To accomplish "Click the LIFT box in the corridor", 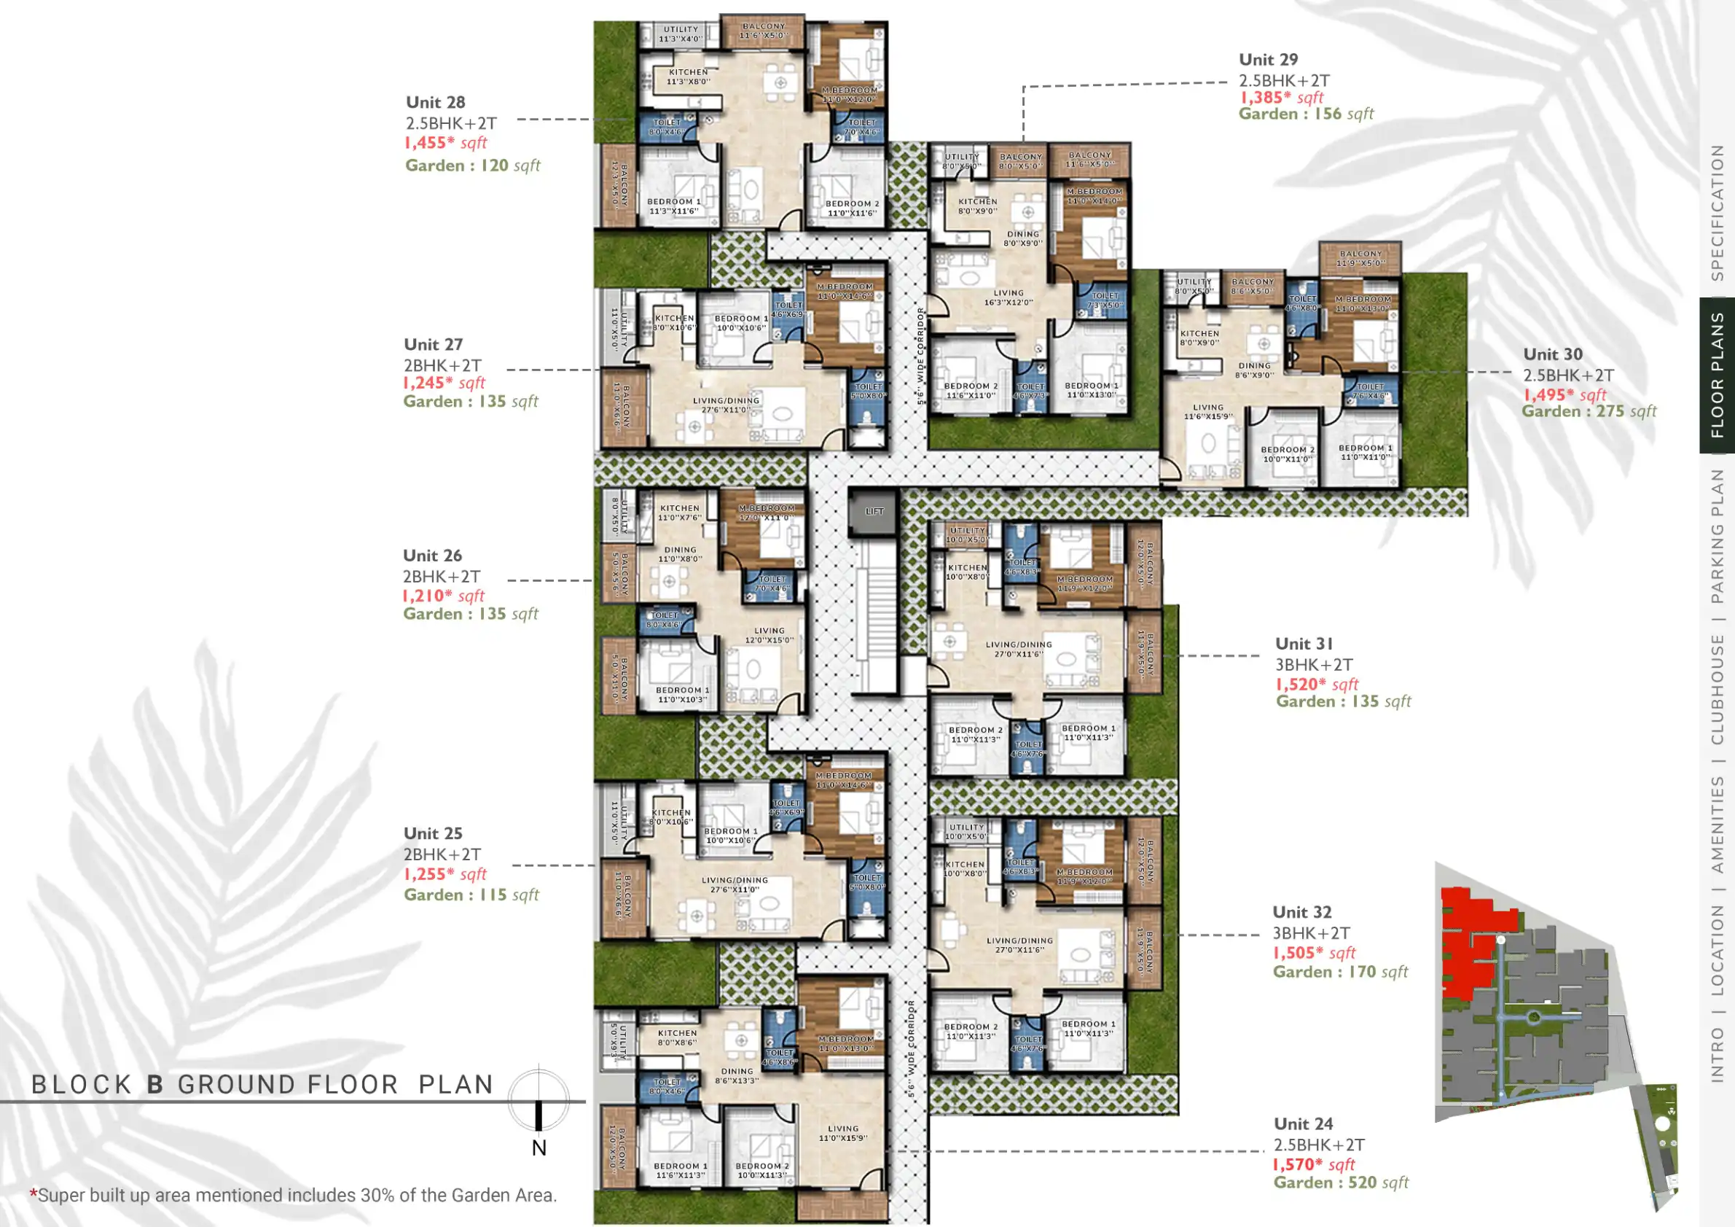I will tap(874, 512).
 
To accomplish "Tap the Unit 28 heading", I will tap(435, 102).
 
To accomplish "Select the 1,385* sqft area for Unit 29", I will tap(1281, 98).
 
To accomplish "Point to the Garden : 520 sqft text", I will tap(1341, 1183).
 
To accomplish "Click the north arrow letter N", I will tap(538, 1148).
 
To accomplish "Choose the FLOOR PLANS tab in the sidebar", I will tap(1717, 375).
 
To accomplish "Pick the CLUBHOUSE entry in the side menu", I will tap(1717, 689).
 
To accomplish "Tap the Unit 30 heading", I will tap(1552, 354).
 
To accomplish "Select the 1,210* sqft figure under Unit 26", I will tap(444, 596).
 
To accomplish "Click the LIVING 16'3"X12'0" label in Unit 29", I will tap(1008, 297).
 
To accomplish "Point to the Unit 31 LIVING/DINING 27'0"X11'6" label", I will tap(1018, 649).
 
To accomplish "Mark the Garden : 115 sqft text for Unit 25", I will tap(471, 895).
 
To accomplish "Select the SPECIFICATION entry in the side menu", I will tap(1717, 212).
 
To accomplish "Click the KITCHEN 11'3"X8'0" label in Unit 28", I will tap(688, 77).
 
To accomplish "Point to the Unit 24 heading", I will tap(1303, 1124).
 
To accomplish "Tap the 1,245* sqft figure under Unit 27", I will tap(444, 383).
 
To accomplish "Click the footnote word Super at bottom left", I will tap(61, 1195).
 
